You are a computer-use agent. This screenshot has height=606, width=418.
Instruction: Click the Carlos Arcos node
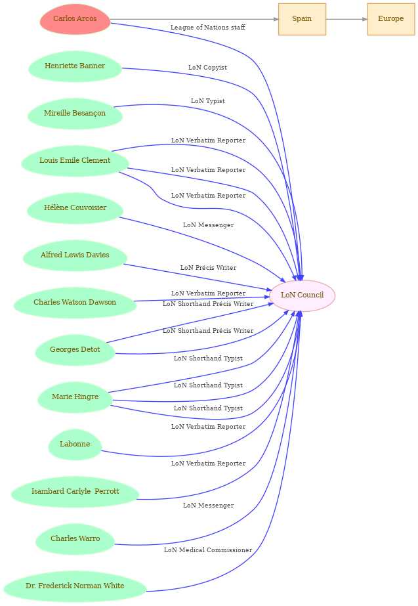[75, 19]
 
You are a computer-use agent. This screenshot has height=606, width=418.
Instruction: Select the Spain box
[302, 19]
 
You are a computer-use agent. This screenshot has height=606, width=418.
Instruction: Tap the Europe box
[390, 19]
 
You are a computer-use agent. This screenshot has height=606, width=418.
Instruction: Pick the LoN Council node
[302, 295]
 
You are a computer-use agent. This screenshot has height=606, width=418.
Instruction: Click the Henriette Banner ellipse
[75, 66]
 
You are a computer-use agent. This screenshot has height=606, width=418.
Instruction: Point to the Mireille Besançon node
[75, 114]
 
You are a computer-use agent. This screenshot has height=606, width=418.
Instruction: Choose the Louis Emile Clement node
[75, 161]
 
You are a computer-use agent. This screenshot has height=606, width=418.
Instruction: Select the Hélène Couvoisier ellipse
[75, 208]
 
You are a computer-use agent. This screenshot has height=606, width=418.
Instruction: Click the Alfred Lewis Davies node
[75, 255]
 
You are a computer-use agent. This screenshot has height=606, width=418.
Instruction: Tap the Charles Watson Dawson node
[75, 303]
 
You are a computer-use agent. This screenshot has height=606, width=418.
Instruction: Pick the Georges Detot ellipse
[75, 350]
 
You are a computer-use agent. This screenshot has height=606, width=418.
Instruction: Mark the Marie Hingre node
[75, 397]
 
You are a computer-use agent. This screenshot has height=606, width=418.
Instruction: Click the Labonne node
[75, 444]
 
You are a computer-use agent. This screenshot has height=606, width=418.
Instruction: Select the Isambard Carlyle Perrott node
[75, 492]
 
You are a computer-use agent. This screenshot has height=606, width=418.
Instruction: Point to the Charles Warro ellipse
[75, 539]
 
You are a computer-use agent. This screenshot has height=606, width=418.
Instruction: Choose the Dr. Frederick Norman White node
[75, 586]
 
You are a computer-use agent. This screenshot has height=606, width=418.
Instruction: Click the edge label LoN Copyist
[207, 68]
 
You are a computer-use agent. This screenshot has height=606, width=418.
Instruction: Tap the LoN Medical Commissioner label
[208, 550]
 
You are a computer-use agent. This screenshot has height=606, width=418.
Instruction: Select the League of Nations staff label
[207, 28]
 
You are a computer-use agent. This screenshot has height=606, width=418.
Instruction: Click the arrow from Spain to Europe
[346, 19]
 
